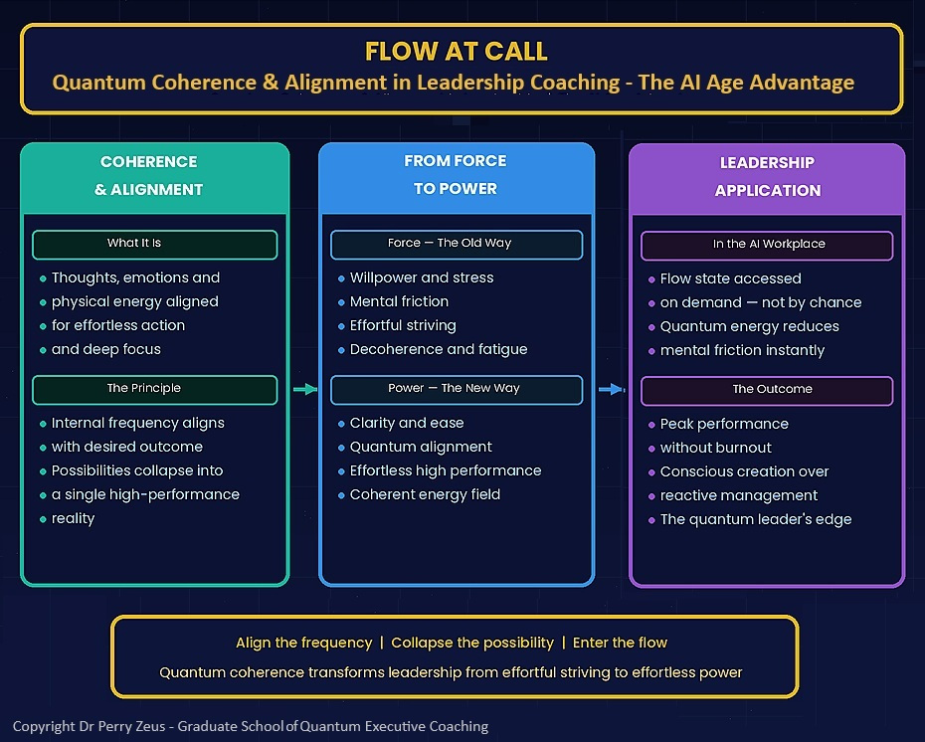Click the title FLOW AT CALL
pyautogui.click(x=456, y=51)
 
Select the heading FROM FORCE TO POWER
pyautogui.click(x=456, y=174)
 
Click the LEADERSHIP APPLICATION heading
pyautogui.click(x=767, y=176)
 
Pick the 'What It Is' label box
pyautogui.click(x=154, y=244)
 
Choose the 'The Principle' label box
pyautogui.click(x=154, y=389)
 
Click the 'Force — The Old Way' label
pyautogui.click(x=456, y=244)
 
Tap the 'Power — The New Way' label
pyautogui.click(x=456, y=389)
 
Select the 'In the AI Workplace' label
pyautogui.click(x=767, y=245)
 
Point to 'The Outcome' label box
pyautogui.click(x=767, y=390)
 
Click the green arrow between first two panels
pyautogui.click(x=304, y=389)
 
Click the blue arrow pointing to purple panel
pyautogui.click(x=611, y=390)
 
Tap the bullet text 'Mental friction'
pyautogui.click(x=399, y=301)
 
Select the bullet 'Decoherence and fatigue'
pyautogui.click(x=439, y=349)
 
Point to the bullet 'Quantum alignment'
pyautogui.click(x=421, y=447)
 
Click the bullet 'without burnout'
pyautogui.click(x=716, y=448)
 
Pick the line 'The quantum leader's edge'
pyautogui.click(x=756, y=519)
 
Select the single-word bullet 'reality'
pyautogui.click(x=74, y=518)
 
